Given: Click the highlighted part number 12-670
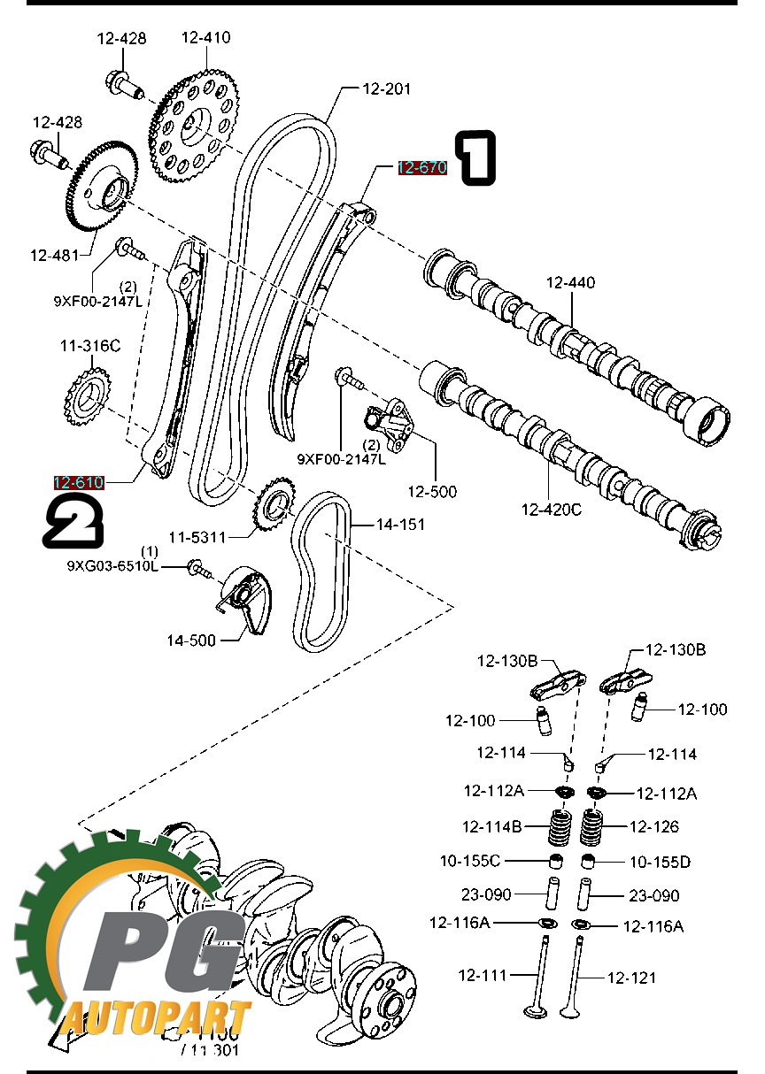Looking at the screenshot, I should click(x=421, y=168).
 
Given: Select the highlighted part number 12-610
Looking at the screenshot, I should click(x=79, y=482).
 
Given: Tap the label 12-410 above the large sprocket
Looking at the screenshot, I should click(x=205, y=37).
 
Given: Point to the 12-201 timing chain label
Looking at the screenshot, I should click(x=386, y=88).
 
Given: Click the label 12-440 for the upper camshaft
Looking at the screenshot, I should click(x=570, y=283).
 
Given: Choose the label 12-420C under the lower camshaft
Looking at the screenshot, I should click(x=551, y=509).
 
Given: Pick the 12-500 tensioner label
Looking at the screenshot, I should click(x=432, y=491).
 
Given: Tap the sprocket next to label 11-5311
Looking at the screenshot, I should click(x=274, y=506).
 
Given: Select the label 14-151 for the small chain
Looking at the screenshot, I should click(x=400, y=525).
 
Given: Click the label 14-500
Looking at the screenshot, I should click(x=191, y=640).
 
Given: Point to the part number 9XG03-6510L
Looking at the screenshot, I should click(x=112, y=565).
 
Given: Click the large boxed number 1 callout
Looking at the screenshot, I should click(x=475, y=158).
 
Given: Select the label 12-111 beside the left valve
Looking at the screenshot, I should click(x=483, y=975).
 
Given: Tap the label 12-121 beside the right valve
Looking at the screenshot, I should click(x=631, y=977).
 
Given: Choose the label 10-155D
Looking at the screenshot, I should click(x=660, y=861).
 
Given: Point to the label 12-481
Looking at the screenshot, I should click(x=54, y=255).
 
